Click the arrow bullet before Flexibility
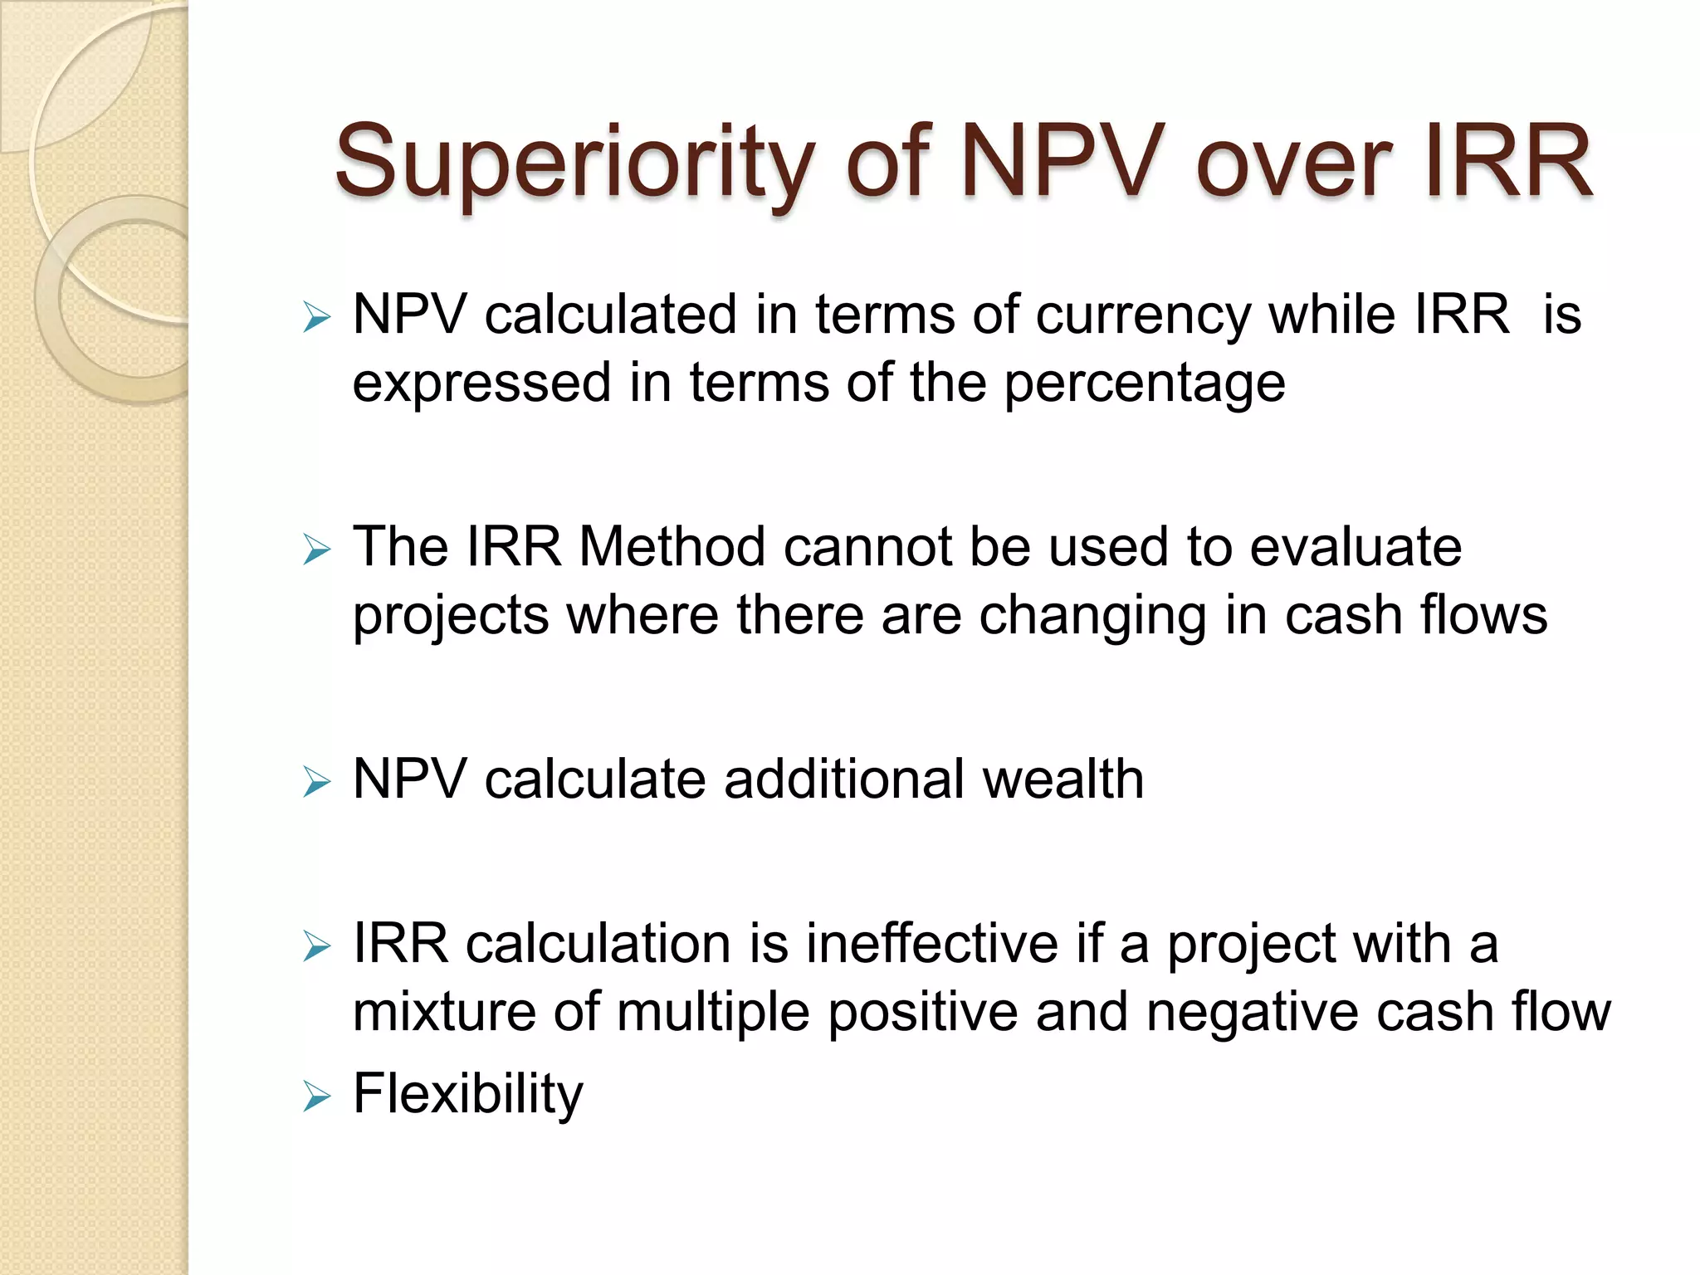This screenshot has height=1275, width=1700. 316,1097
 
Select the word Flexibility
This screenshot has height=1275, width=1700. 468,1094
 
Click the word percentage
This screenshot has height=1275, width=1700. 1145,384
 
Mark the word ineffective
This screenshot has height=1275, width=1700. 932,944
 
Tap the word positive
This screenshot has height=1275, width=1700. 923,1014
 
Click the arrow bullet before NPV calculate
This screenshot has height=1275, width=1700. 316,782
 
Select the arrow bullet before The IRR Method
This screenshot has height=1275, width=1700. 316,550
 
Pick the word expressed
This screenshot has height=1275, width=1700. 482,384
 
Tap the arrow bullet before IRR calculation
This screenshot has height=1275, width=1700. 316,946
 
